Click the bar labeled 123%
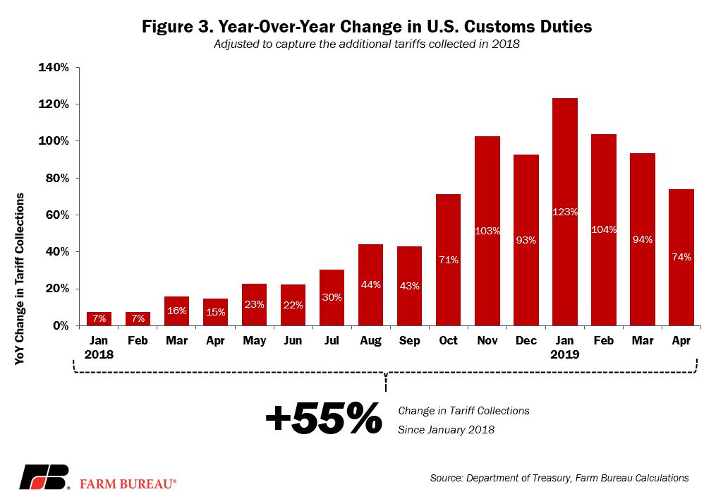click(x=565, y=212)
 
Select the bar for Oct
click(x=448, y=260)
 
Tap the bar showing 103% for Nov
click(x=487, y=231)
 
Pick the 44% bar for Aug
click(x=370, y=285)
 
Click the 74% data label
click(x=681, y=257)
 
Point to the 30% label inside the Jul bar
click(x=332, y=297)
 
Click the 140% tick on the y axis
click(x=54, y=67)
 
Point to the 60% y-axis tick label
click(x=57, y=215)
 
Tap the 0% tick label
click(x=61, y=325)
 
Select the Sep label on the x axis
click(x=409, y=340)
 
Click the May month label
click(x=254, y=341)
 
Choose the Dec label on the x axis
click(x=526, y=340)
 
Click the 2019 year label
click(x=565, y=354)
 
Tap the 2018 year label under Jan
click(x=99, y=354)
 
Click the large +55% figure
click(x=324, y=419)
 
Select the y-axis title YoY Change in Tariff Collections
click(x=19, y=279)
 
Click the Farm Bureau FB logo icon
click(x=44, y=477)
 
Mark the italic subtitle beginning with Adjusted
click(x=367, y=44)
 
